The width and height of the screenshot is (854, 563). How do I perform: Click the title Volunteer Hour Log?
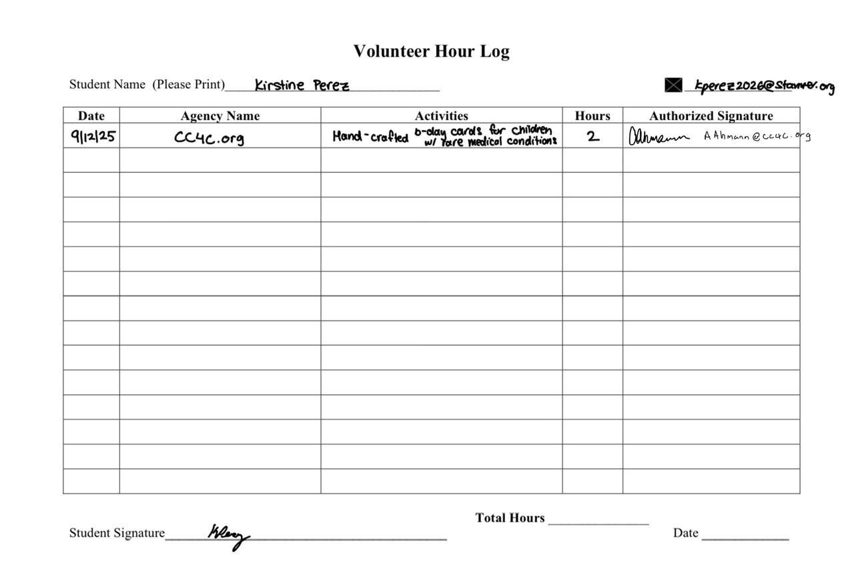coord(431,51)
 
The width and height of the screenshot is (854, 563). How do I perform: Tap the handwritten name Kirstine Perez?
coord(302,85)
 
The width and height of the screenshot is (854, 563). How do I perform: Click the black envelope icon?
coord(673,85)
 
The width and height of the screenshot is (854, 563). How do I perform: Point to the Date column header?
coord(91,115)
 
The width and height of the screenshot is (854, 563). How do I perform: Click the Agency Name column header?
coord(220,115)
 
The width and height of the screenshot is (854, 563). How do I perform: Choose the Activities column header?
coord(441,115)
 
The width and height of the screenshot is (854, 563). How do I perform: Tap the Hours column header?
coord(592,115)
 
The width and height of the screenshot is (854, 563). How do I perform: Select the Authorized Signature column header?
coord(711,115)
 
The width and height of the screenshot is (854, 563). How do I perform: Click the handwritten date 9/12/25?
coord(93,137)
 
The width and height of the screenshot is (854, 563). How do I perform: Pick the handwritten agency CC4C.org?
coord(209,137)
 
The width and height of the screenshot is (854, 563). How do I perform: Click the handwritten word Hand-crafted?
coord(370,137)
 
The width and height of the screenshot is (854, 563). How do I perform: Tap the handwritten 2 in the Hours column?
coord(592,137)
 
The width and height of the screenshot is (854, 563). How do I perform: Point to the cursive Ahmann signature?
coord(658,137)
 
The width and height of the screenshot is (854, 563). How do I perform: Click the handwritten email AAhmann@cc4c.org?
coord(757,135)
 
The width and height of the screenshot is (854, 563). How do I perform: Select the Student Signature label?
coord(117,533)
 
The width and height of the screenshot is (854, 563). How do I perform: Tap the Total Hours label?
coord(510,518)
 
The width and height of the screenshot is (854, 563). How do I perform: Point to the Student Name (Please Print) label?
coord(147,85)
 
